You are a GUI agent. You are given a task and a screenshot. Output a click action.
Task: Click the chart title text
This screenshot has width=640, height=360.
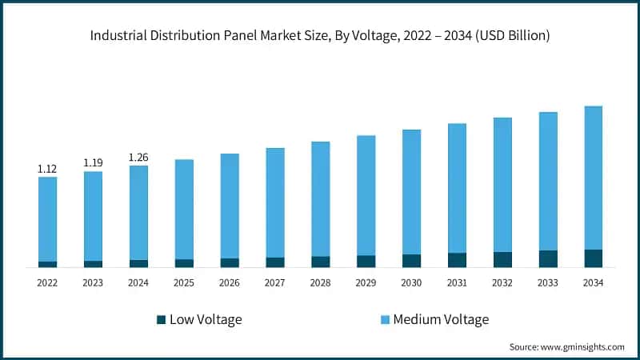320,36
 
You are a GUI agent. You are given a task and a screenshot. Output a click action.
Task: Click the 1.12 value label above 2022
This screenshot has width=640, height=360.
47,169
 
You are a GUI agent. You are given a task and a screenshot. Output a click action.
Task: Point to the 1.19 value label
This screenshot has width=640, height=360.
93,163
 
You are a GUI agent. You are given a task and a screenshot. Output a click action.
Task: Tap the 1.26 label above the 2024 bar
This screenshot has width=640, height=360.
138,157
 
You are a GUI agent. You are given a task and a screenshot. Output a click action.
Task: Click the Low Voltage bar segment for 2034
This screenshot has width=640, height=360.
593,258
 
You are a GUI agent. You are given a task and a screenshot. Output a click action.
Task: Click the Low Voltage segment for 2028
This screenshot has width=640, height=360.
320,262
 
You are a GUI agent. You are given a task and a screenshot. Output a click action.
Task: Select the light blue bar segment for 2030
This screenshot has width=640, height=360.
411,192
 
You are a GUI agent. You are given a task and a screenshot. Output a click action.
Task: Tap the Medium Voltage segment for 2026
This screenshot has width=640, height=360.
230,206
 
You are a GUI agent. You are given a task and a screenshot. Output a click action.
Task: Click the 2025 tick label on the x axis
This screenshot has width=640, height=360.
184,283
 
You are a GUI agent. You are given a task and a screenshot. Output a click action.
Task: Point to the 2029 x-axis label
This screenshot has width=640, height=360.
366,283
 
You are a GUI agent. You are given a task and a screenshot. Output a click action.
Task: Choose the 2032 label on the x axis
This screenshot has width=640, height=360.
502,283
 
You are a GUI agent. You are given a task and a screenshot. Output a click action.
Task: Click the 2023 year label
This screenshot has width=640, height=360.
93,283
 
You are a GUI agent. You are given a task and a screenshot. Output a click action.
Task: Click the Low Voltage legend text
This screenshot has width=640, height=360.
206,319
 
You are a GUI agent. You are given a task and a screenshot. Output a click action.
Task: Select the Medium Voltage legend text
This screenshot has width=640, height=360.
440,319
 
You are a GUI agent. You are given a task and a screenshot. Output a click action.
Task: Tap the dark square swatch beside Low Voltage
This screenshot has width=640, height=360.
162,320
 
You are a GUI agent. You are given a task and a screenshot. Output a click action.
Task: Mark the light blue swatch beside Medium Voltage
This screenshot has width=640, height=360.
384,320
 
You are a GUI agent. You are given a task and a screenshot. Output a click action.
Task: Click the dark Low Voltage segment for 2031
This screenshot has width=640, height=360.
457,259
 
